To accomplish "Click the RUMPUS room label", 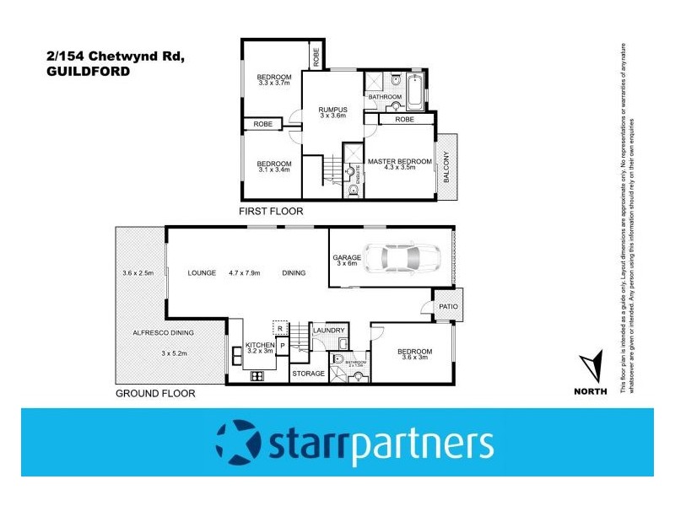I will coord(333,109).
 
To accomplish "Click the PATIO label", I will coord(447,306).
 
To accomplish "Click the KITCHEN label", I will coord(260,346).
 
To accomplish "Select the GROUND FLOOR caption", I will coord(155,393).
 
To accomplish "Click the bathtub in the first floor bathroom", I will coord(416,92).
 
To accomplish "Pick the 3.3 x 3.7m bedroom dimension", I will coord(273,83).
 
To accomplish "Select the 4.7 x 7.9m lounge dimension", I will coord(244,273).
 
